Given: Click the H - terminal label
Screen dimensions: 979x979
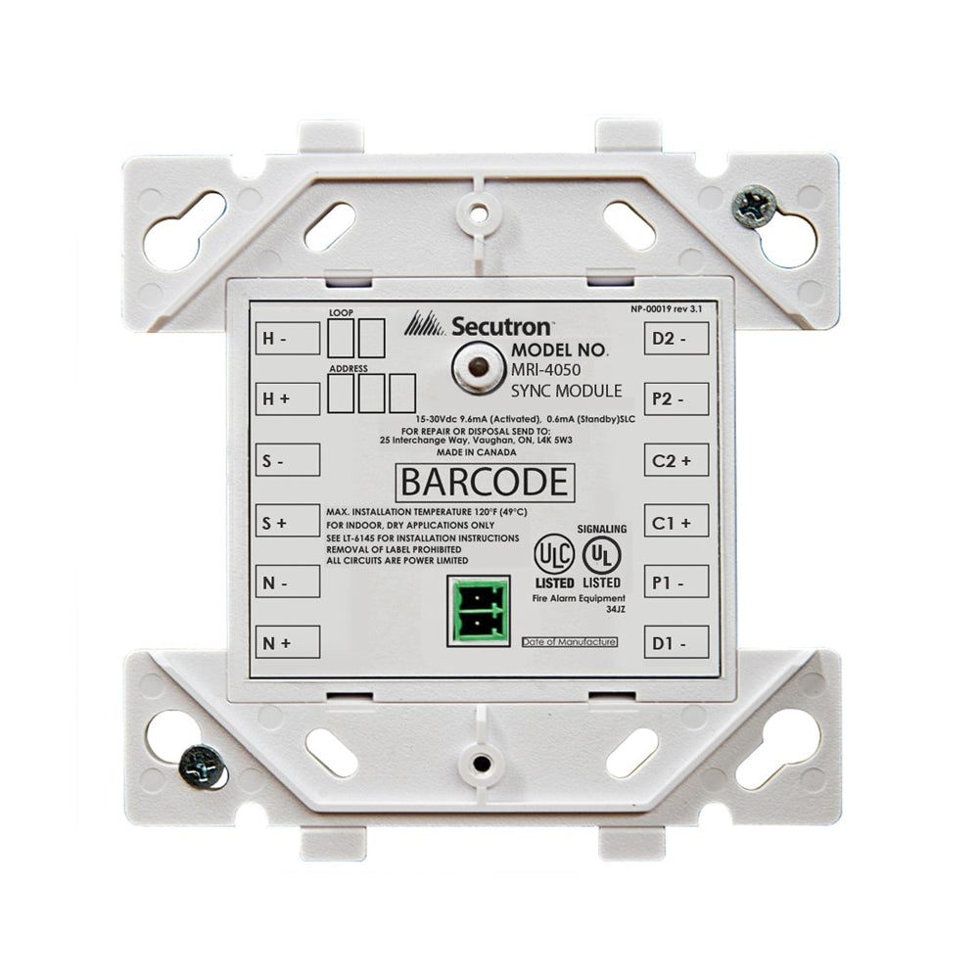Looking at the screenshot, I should [288, 339].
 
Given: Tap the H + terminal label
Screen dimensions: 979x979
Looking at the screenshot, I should [288, 398].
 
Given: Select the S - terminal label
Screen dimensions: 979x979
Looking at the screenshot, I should [288, 459].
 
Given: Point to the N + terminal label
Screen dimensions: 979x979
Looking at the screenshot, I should [288, 642].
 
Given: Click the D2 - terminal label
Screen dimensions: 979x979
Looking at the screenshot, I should [676, 339].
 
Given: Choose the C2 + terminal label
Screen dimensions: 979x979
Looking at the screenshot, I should [676, 459].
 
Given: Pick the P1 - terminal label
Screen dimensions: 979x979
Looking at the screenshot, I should [676, 582].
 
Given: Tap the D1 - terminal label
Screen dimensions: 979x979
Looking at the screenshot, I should [676, 642].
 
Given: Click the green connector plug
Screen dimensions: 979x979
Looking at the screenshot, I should [478, 611].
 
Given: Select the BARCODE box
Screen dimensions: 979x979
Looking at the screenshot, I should [484, 483].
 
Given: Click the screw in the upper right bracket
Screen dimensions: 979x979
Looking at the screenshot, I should [755, 208].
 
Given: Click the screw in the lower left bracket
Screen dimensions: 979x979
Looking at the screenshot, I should [203, 764].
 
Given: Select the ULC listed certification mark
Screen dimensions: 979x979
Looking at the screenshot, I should [554, 555].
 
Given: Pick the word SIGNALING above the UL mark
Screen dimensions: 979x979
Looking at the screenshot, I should [602, 529].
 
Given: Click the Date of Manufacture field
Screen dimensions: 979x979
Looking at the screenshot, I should [569, 641].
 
